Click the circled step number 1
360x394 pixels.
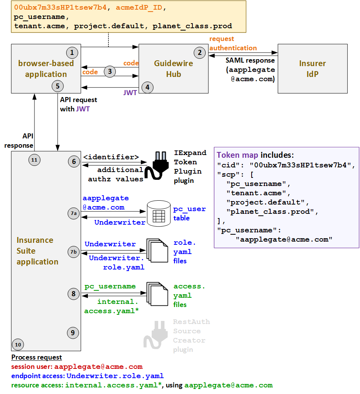pos(72,52)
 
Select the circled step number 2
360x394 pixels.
pos(199,53)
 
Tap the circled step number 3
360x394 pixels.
pos(110,72)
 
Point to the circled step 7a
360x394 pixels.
pos(74,213)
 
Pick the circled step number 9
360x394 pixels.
pos(73,332)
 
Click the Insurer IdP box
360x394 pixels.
pos(312,68)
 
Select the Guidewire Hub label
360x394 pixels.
pos(173,68)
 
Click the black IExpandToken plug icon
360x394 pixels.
pos(159,166)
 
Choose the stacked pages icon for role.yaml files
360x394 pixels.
pos(157,251)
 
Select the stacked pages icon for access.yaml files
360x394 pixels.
pos(157,294)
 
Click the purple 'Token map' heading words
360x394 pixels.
pos(237,155)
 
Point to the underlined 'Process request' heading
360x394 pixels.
pos(36,357)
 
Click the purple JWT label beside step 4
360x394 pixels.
pos(130,93)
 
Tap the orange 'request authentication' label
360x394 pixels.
pos(233,43)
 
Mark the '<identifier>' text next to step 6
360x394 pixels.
pos(111,157)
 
